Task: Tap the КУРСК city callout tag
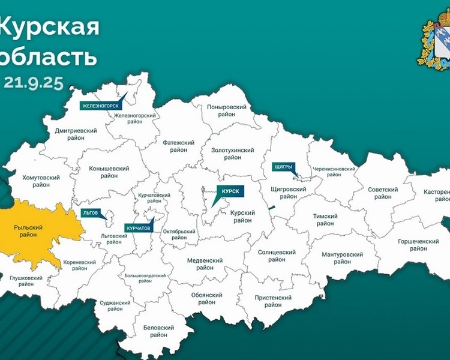[x=230, y=191]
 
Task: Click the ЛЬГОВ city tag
[x=91, y=212]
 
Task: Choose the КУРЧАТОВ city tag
[x=139, y=228]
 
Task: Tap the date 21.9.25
[x=34, y=83]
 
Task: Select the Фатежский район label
[x=179, y=146]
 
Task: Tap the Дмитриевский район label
[x=76, y=134]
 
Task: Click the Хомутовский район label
[x=41, y=182]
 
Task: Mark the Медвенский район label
[x=205, y=264]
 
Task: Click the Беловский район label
[x=158, y=332]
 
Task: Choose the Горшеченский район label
[x=418, y=245]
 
